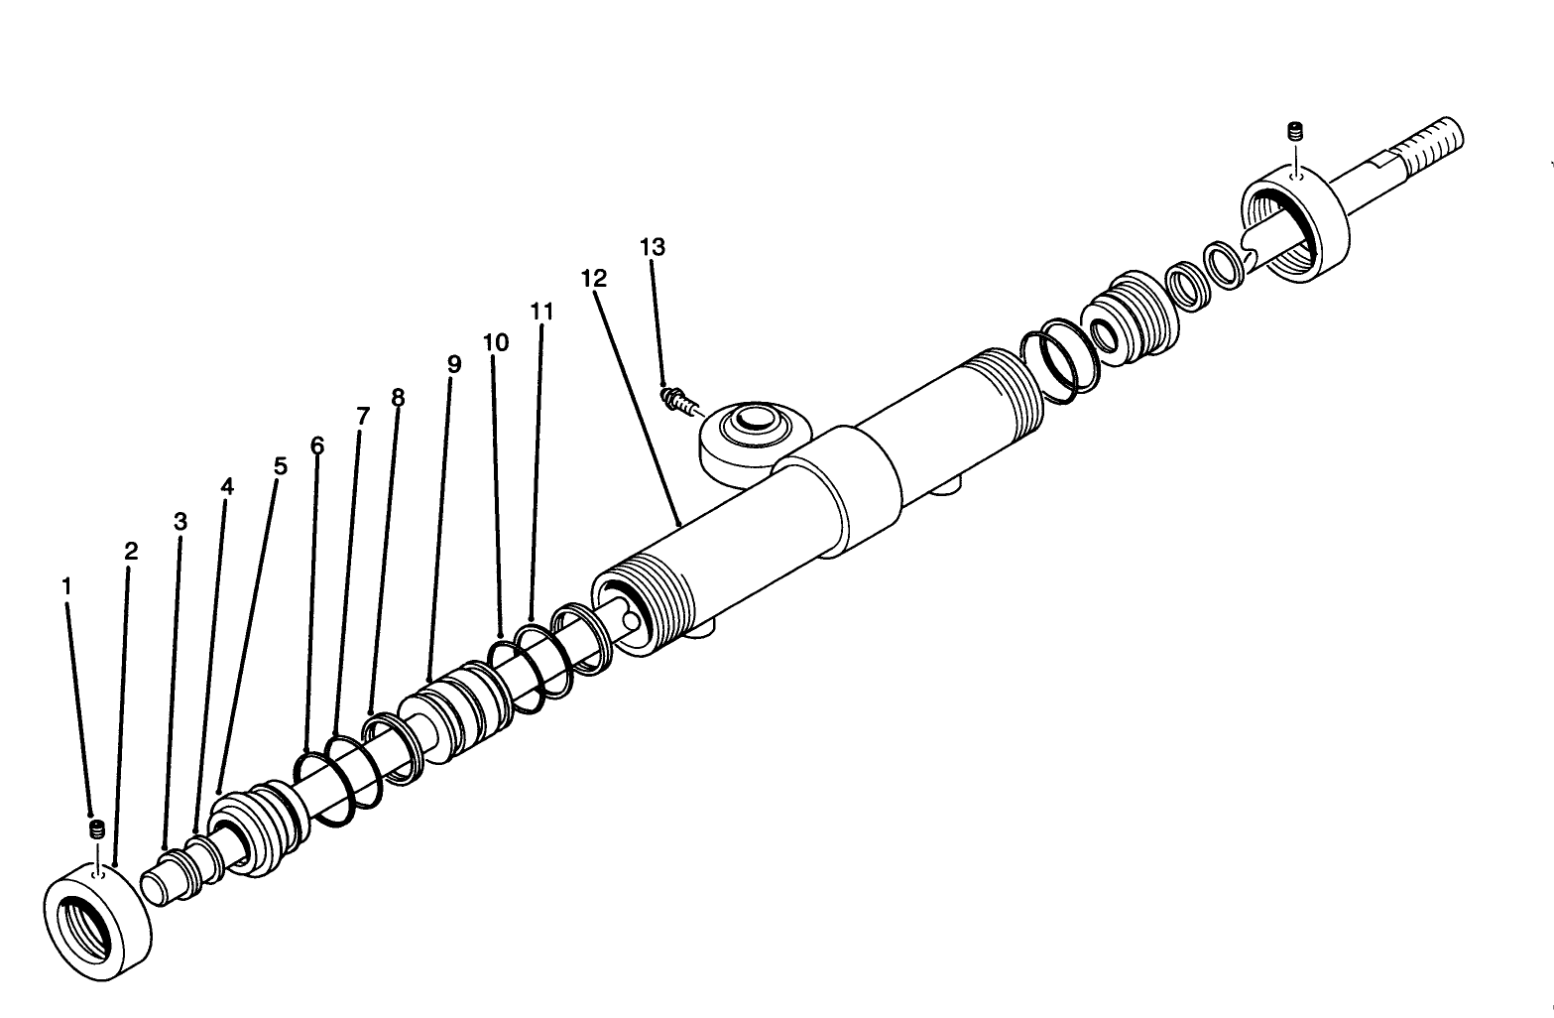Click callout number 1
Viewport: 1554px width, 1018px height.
point(66,586)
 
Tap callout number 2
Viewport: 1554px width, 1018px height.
point(131,552)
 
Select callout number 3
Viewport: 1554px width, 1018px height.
point(179,521)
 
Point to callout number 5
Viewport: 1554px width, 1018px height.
point(281,465)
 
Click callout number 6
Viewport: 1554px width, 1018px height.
point(317,445)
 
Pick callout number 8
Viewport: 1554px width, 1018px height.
point(398,398)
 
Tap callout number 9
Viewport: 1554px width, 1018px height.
point(454,364)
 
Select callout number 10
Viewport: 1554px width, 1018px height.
point(496,342)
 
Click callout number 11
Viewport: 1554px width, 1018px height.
point(541,312)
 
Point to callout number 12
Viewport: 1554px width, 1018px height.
point(593,279)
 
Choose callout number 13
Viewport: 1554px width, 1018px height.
point(653,246)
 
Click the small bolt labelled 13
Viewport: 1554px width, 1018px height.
point(676,400)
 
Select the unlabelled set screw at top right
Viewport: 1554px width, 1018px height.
point(1293,131)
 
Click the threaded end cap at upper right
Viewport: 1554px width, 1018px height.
point(1293,226)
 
